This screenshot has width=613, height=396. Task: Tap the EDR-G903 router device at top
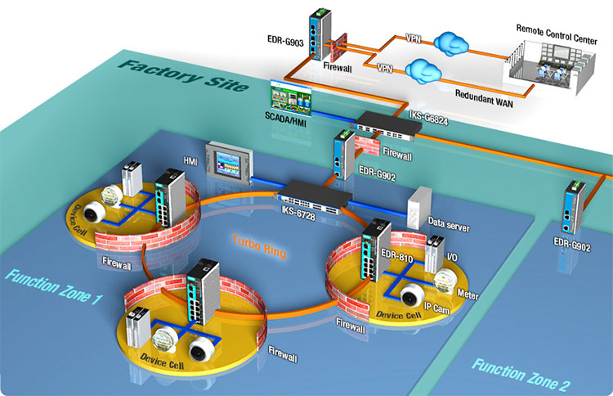point(317,34)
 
